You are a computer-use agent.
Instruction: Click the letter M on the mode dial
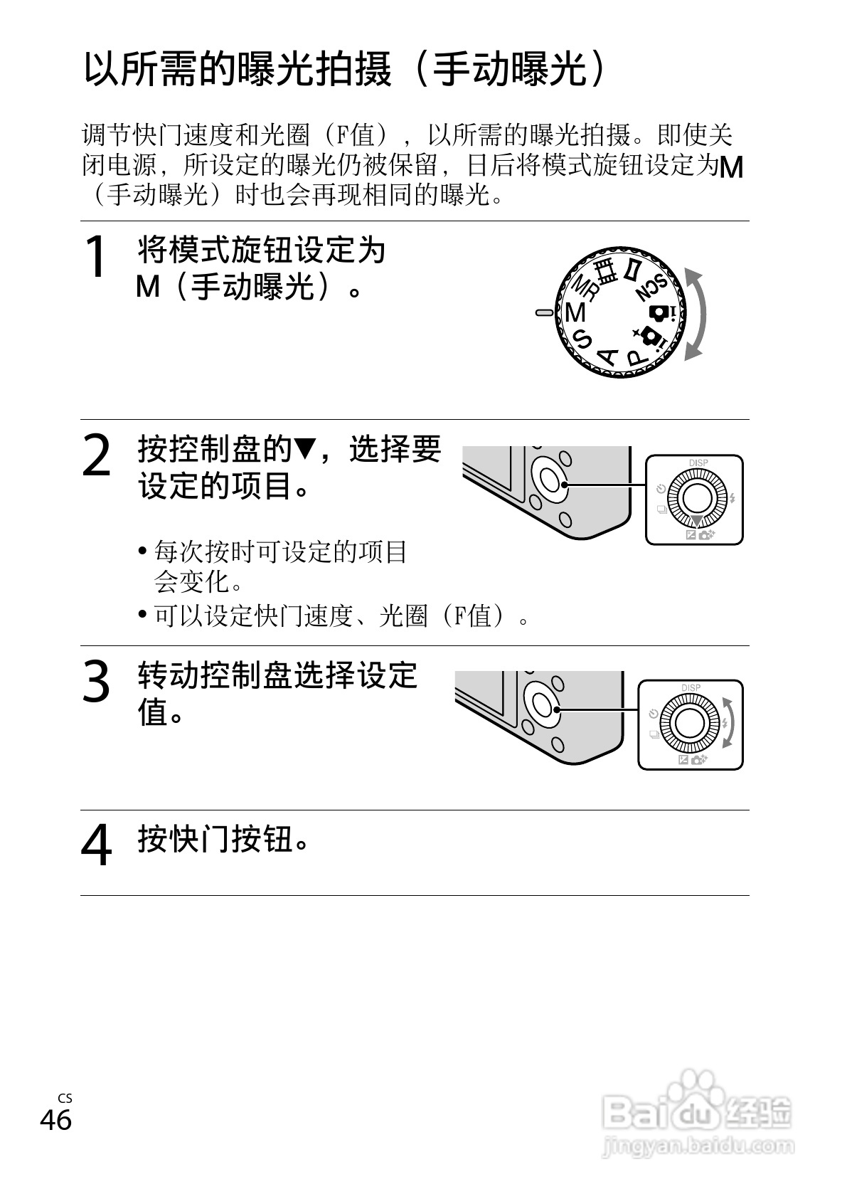pos(575,312)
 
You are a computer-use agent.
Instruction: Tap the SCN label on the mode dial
pos(652,287)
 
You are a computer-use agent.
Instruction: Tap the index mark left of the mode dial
pos(544,312)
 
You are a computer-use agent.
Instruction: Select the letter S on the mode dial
pos(582,339)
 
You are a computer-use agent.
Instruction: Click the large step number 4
pos(96,845)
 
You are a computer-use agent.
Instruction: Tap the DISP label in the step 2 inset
pos(698,463)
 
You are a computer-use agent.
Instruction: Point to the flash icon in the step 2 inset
pos(732,497)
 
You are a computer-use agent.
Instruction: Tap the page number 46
pos(55,1120)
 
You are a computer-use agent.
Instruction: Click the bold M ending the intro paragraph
pos(730,167)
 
